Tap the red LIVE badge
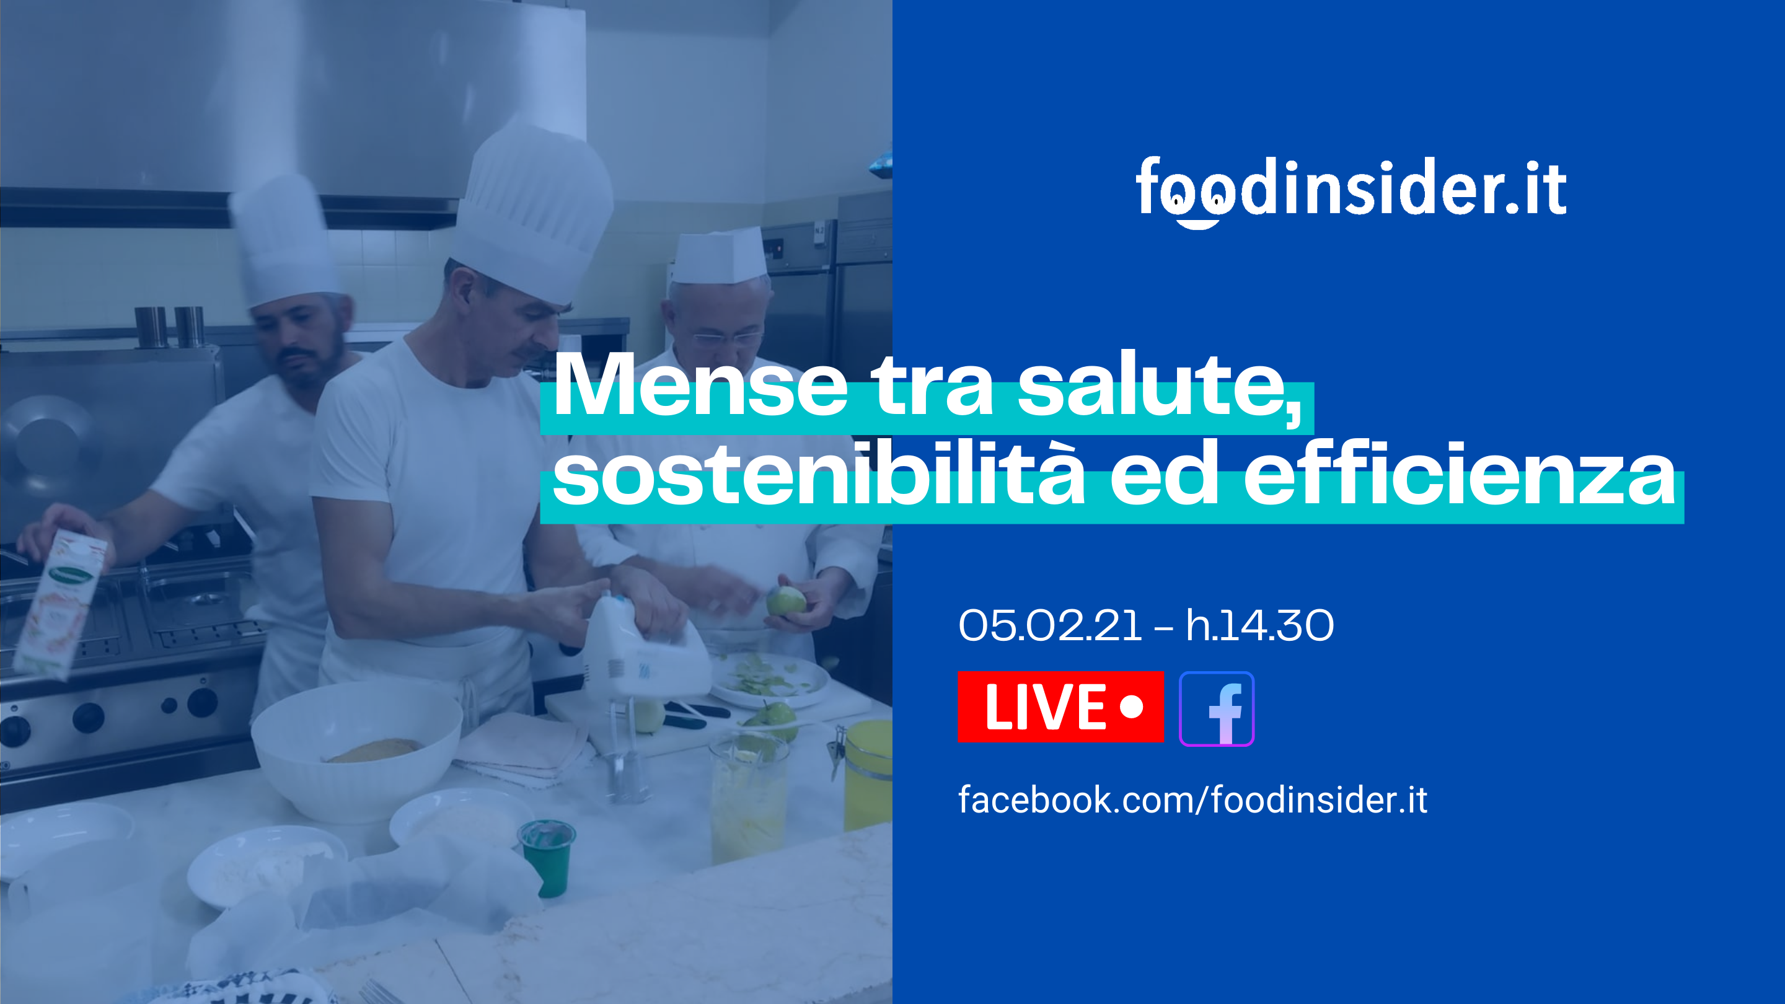point(1060,707)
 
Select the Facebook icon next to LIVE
point(1217,709)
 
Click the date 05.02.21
point(1050,626)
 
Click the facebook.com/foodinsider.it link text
point(1192,799)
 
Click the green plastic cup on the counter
point(547,857)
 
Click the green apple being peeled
point(786,600)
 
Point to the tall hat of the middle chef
point(533,212)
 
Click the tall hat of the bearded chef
point(284,239)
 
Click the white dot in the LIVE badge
point(1132,707)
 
